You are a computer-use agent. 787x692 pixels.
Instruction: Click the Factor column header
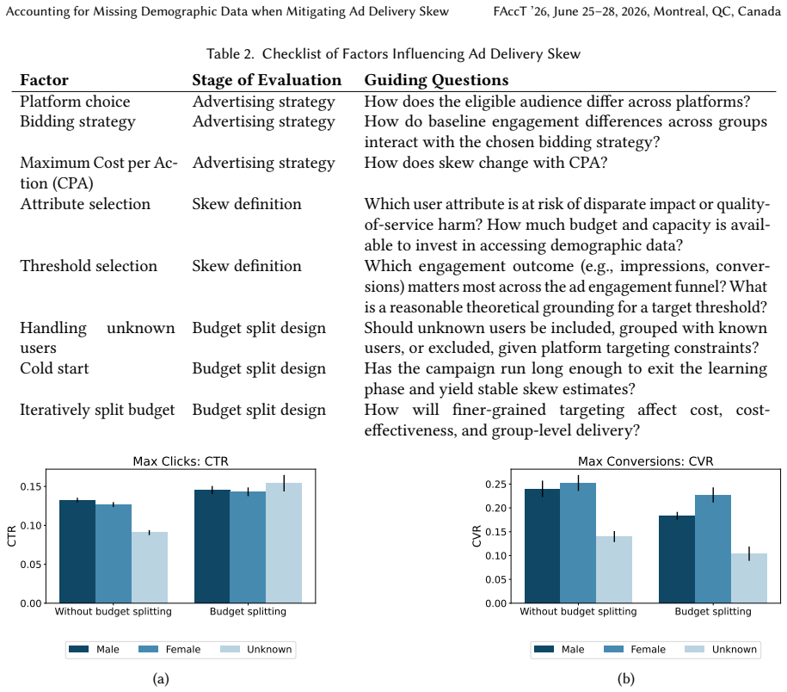44,80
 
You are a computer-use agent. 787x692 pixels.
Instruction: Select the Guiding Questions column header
436,80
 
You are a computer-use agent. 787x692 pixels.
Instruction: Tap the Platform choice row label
75,102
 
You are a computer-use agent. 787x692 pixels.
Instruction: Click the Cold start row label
54,368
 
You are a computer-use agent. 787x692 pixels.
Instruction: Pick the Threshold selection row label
89,266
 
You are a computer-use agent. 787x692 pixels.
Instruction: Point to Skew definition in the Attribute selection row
247,204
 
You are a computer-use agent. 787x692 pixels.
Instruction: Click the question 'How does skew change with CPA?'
485,163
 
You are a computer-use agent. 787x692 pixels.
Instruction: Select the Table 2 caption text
394,53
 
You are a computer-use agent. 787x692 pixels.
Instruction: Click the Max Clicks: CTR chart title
181,461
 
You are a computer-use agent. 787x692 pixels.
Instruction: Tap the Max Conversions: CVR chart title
645,461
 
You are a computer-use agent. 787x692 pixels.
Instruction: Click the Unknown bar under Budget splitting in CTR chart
284,543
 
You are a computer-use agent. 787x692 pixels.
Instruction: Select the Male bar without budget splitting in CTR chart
77,552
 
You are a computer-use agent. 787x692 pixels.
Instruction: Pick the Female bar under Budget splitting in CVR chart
713,549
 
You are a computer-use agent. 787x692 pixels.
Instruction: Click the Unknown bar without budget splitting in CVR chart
614,570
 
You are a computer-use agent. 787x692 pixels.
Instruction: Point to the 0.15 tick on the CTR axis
31,486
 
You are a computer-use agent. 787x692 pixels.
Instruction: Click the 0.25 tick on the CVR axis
496,484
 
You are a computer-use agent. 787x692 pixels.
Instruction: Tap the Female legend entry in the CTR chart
169,649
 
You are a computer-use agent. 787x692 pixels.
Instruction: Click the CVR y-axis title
477,536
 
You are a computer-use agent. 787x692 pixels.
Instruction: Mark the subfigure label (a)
161,679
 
